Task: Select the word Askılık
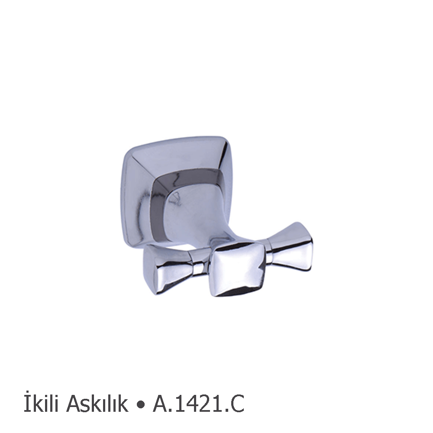tap(97, 404)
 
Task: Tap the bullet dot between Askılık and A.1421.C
tap(140, 405)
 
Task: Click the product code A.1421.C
tap(198, 404)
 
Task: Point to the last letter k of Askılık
tap(123, 404)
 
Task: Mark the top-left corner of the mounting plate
tap(127, 149)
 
